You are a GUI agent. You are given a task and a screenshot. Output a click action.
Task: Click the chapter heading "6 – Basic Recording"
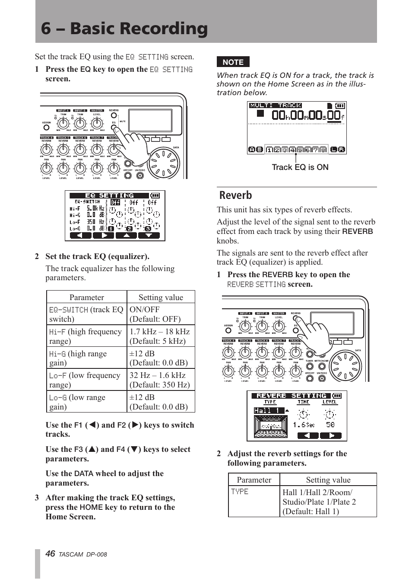tap(124, 29)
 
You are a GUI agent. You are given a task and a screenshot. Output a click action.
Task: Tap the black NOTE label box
tap(233, 62)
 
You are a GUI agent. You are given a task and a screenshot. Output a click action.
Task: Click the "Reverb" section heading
tap(235, 195)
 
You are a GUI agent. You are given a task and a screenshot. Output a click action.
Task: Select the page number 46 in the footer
tap(50, 554)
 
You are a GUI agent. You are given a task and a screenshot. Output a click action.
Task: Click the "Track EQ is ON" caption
tap(300, 167)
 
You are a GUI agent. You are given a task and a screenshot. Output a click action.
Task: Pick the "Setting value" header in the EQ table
tap(161, 297)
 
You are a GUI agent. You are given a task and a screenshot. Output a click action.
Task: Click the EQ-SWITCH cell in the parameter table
tap(86, 314)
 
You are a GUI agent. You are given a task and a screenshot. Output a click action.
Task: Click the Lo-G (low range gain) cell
tap(86, 402)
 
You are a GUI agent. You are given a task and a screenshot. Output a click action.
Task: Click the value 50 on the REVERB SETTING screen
tap(330, 425)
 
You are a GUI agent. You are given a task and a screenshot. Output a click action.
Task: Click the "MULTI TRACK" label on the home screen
tap(275, 105)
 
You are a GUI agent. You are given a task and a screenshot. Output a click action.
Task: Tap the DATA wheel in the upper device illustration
tap(163, 163)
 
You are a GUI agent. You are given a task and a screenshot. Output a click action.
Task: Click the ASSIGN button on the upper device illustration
tap(46, 128)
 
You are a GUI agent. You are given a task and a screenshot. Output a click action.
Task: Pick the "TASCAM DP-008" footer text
tap(82, 554)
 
